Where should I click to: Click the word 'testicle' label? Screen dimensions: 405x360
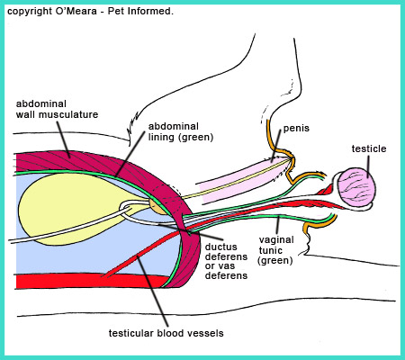369,148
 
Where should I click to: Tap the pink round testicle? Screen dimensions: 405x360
357,187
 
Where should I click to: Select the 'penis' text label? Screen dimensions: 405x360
296,128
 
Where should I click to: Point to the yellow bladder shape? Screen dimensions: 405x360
75,207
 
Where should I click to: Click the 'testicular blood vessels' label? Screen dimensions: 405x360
166,333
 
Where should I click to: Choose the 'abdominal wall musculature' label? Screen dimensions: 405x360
57,109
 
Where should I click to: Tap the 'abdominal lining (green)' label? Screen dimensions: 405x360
181,131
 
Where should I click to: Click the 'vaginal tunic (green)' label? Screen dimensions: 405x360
276,250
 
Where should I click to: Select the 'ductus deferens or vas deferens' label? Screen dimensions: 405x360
227,261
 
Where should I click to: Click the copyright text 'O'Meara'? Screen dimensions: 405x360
76,12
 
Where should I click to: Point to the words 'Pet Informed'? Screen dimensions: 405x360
140,12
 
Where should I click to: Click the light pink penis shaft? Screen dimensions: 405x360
243,182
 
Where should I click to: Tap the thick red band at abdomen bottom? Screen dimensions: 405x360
90,282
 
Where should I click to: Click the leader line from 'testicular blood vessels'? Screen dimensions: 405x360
151,291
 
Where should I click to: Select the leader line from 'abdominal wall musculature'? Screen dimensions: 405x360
63,139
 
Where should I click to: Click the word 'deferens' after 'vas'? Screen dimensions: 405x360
227,275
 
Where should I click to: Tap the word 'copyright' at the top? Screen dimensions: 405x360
30,12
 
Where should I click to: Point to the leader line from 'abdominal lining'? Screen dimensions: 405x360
130,154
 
